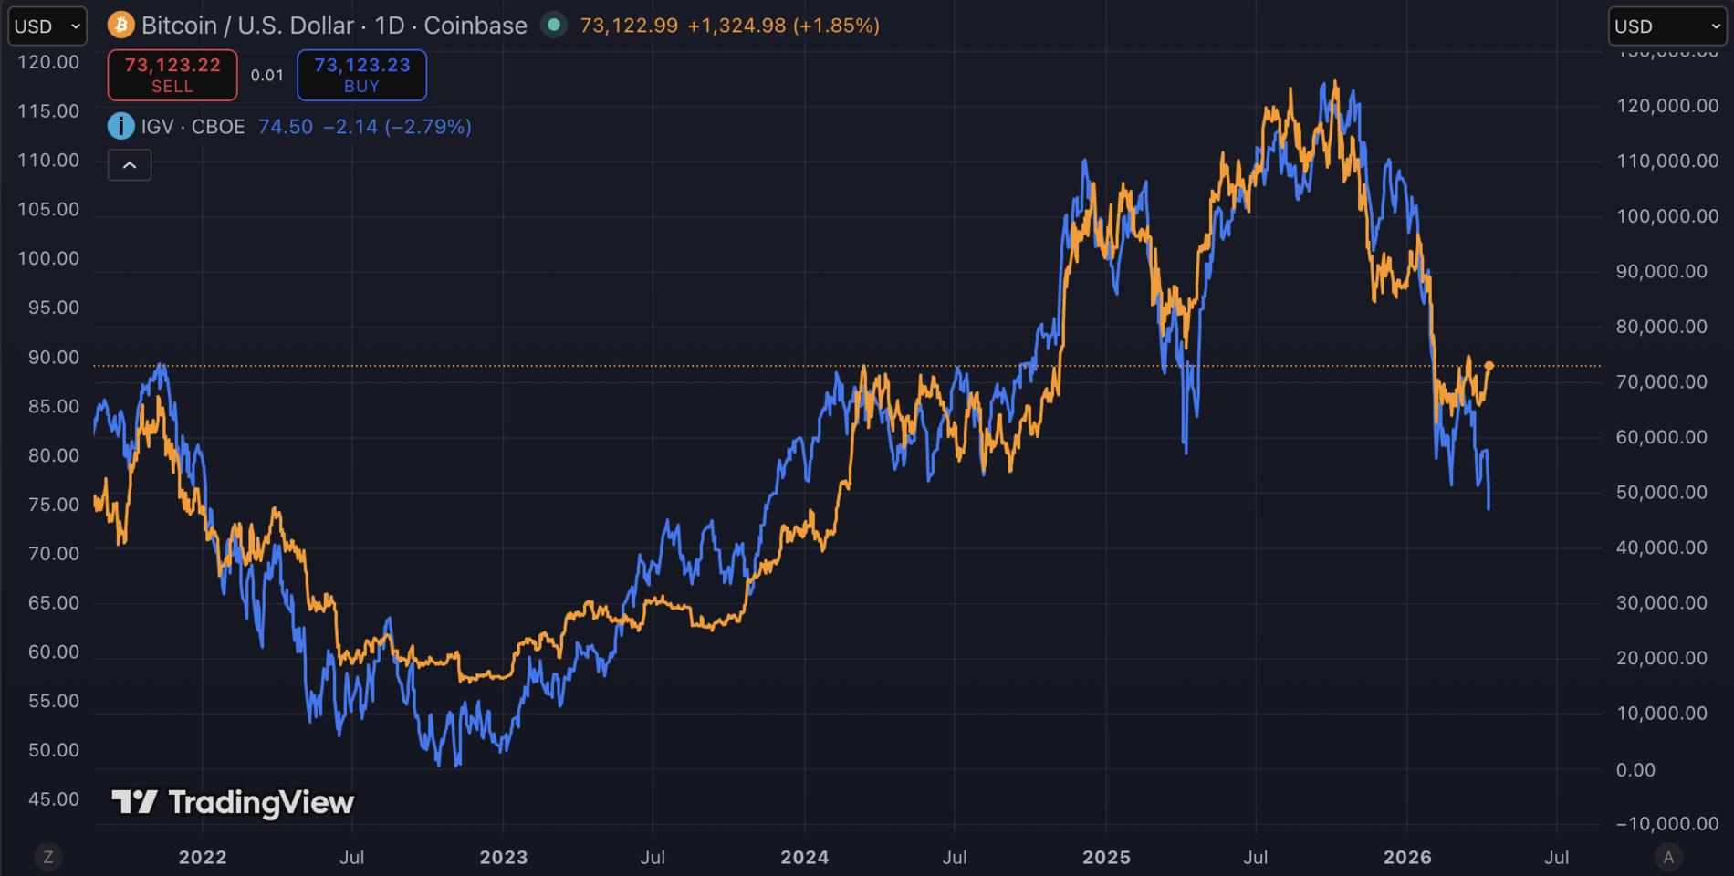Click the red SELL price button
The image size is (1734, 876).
click(172, 75)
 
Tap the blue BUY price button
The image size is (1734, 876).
click(361, 75)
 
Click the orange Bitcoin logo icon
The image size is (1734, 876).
click(120, 25)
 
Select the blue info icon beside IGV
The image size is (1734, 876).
click(120, 126)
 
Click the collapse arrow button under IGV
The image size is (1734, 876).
click(130, 165)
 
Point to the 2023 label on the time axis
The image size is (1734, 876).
click(504, 857)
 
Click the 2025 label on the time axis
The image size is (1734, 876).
click(1106, 857)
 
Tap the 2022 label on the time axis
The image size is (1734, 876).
click(203, 857)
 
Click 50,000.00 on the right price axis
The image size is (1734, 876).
click(1661, 493)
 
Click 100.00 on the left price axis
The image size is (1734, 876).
click(48, 258)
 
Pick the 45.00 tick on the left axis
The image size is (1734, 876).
click(54, 799)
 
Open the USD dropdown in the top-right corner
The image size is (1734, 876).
click(1666, 26)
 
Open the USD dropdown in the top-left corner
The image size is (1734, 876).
click(47, 26)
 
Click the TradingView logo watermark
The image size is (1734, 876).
click(233, 802)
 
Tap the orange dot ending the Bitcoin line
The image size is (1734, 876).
click(1489, 366)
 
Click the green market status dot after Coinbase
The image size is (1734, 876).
click(553, 25)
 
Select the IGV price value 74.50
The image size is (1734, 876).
click(286, 126)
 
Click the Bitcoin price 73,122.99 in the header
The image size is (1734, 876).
click(629, 25)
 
